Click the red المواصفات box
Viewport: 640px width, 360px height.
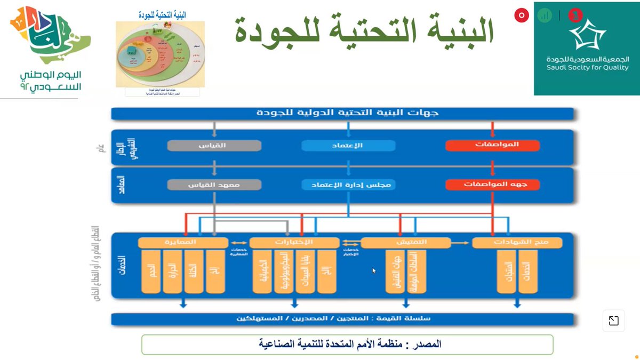(x=492, y=145)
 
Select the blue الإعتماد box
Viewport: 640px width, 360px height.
(x=348, y=145)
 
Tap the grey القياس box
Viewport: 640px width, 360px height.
(x=214, y=145)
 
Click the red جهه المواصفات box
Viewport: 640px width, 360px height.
(x=492, y=185)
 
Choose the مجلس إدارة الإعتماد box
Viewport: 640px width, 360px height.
(x=348, y=185)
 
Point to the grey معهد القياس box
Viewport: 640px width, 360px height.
(x=214, y=185)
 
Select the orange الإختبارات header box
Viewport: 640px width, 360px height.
(x=294, y=243)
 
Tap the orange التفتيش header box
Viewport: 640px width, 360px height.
(x=405, y=243)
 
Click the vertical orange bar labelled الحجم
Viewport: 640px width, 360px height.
(x=151, y=271)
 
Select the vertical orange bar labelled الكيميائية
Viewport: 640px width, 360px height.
(x=262, y=271)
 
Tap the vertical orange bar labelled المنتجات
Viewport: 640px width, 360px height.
(x=506, y=271)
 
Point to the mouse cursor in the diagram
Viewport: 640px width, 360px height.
(x=374, y=270)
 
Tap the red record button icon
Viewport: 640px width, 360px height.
(x=521, y=15)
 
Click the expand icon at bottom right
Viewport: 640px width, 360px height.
(x=614, y=321)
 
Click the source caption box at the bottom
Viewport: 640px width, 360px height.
(x=347, y=345)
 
